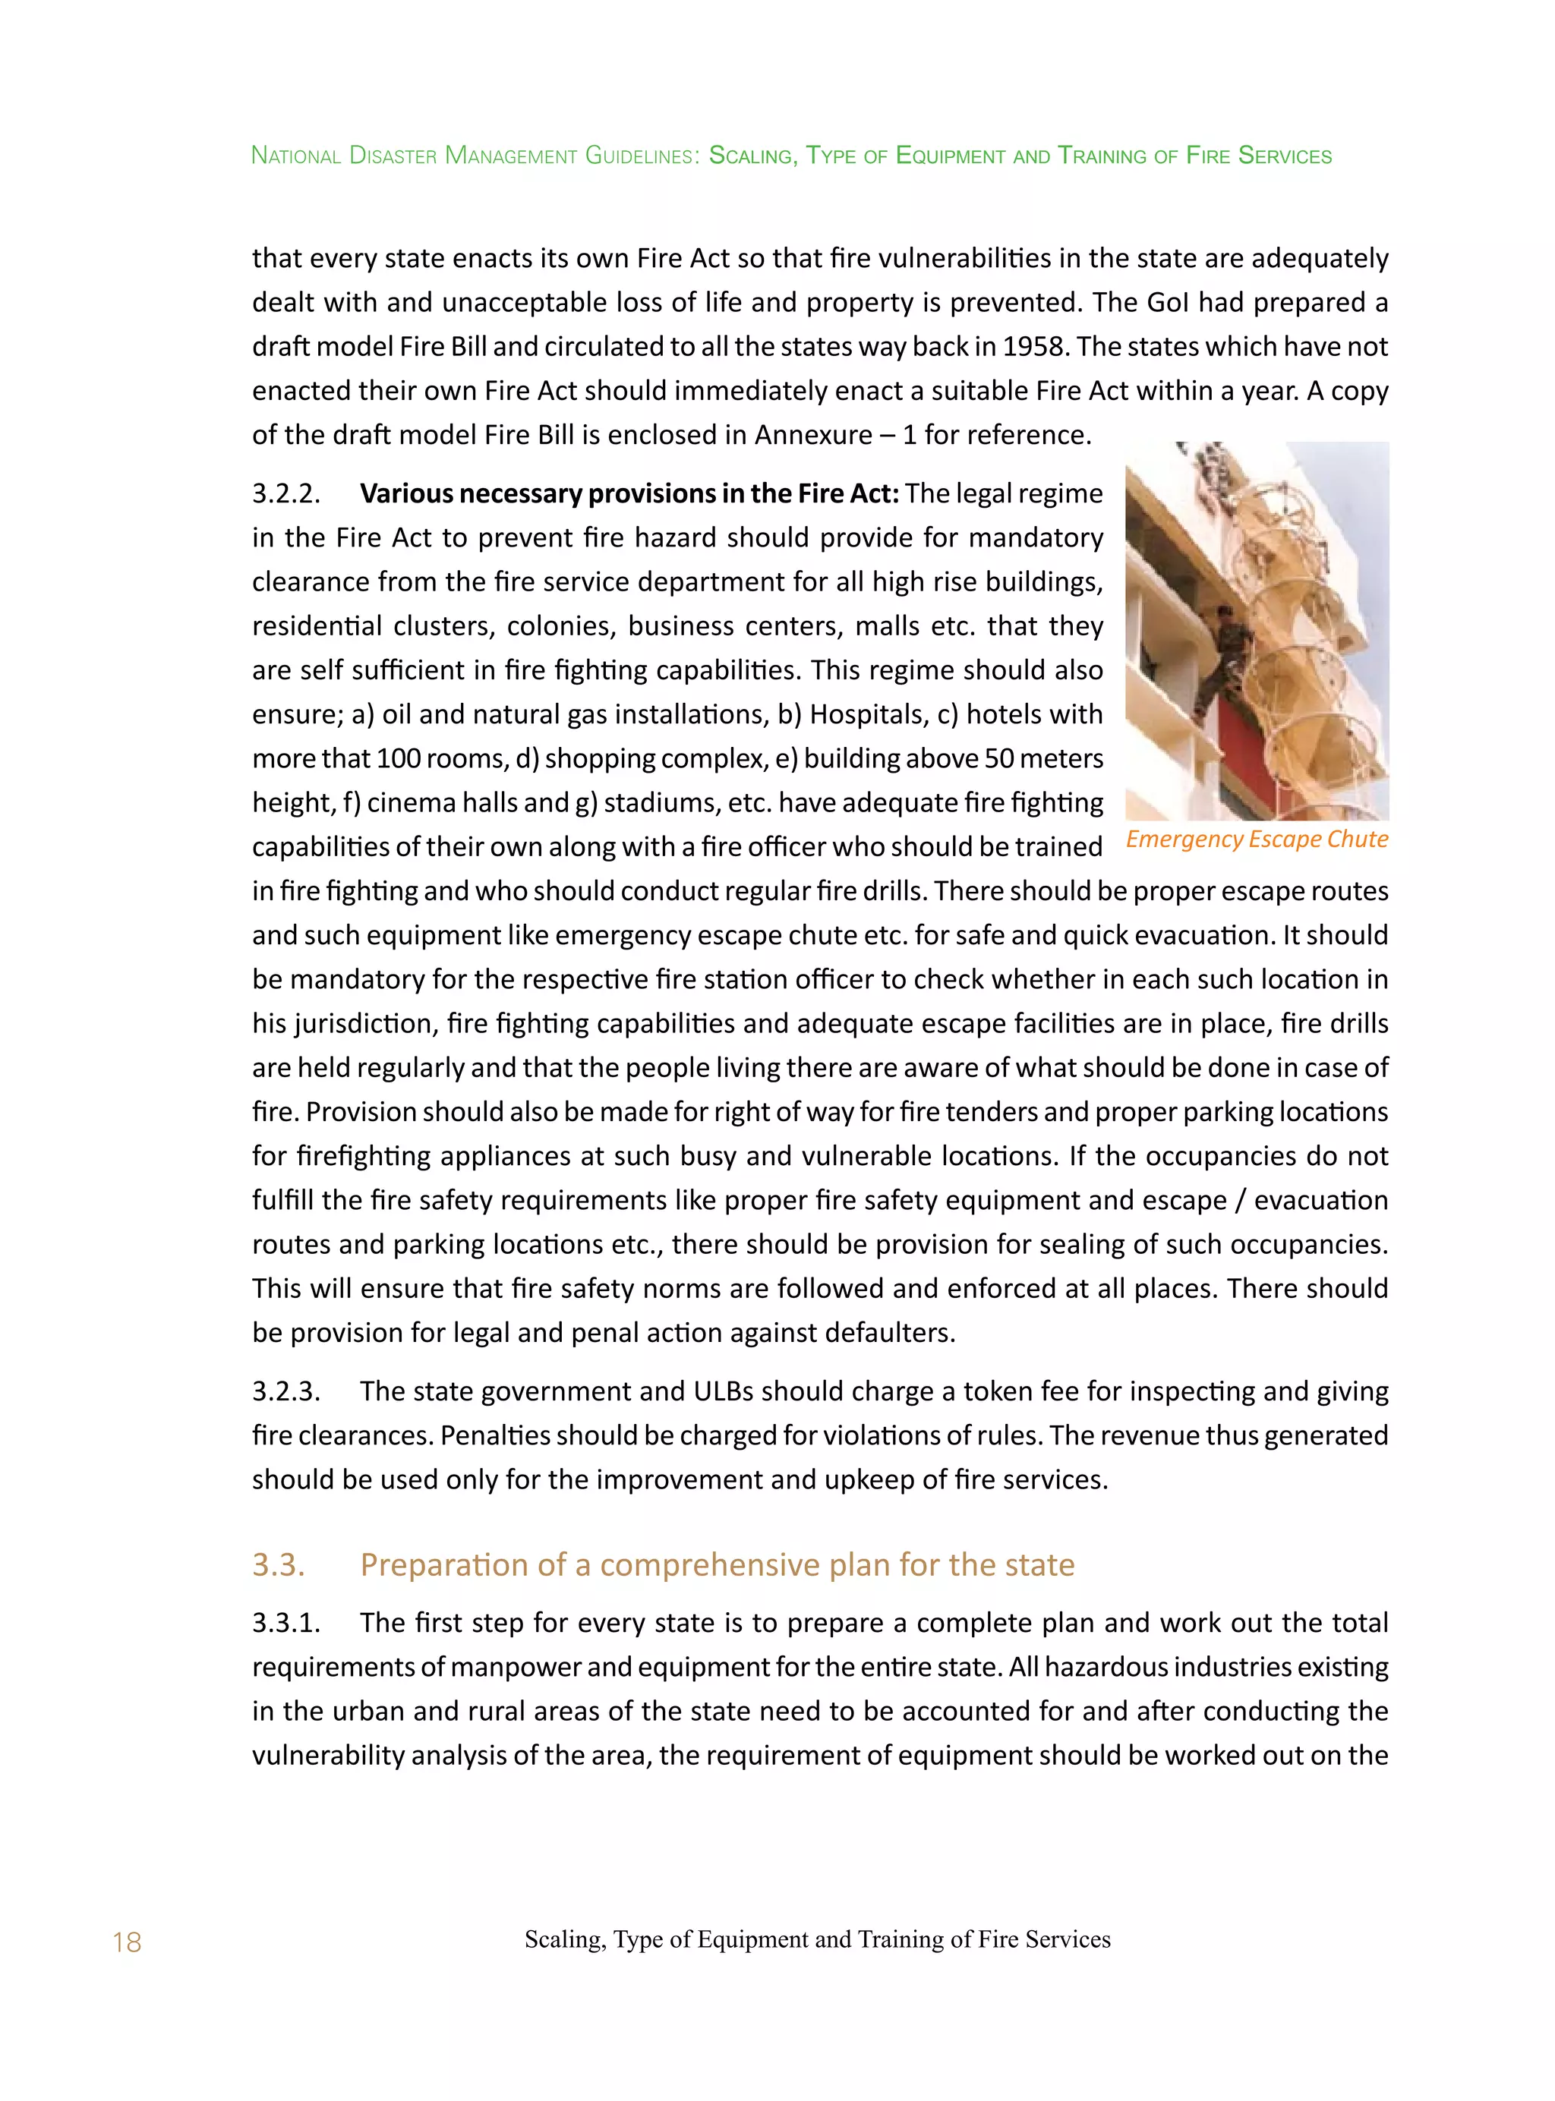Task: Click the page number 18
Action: tap(126, 1943)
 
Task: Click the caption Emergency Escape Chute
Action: tap(1257, 839)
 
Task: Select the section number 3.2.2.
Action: tap(286, 494)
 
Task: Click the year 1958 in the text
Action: tap(1034, 347)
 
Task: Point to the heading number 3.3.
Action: tap(279, 1564)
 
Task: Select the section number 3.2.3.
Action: tap(286, 1391)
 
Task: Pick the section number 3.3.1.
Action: tap(286, 1623)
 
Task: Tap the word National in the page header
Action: tap(295, 156)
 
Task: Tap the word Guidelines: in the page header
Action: tap(642, 156)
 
